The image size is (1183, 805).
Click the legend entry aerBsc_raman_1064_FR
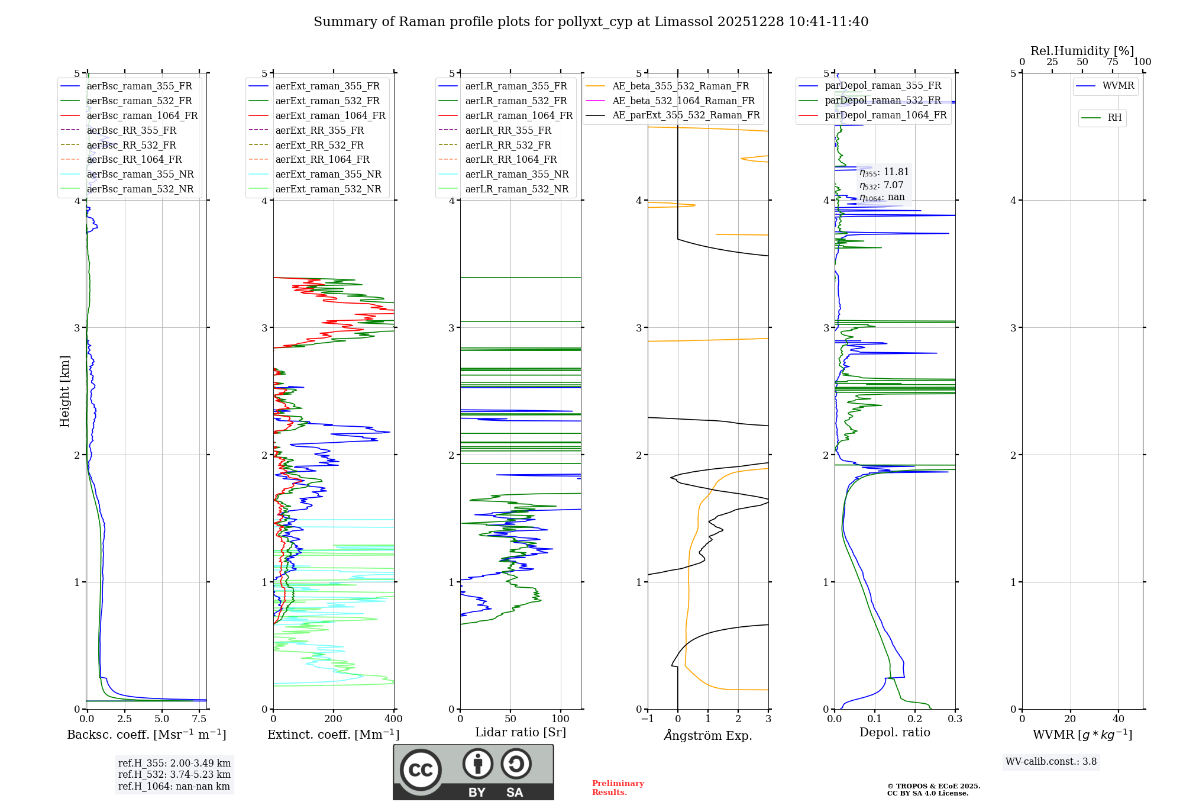point(142,115)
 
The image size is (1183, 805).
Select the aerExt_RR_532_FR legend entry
point(319,145)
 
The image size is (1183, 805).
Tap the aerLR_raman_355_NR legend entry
point(516,174)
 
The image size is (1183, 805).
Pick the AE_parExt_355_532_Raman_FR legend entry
point(686,115)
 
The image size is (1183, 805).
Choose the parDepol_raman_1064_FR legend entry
point(885,115)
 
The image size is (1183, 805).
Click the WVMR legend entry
point(1118,86)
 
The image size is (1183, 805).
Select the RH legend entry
point(1114,118)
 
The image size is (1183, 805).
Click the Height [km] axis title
point(64,391)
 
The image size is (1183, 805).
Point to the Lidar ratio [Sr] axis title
point(521,732)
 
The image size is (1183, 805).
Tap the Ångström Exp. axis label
point(708,735)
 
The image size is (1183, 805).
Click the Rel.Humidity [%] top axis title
point(1082,51)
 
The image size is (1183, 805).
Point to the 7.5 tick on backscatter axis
point(199,719)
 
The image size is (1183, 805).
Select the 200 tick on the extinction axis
point(334,719)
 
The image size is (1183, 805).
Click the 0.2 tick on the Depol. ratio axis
point(915,719)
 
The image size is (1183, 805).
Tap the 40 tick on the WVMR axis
point(1119,719)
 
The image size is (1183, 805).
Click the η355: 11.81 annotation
point(884,172)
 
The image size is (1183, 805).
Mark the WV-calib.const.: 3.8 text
point(1051,762)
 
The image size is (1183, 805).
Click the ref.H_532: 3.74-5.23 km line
point(174,774)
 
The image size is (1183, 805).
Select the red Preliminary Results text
point(618,787)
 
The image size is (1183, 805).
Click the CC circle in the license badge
point(421,770)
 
